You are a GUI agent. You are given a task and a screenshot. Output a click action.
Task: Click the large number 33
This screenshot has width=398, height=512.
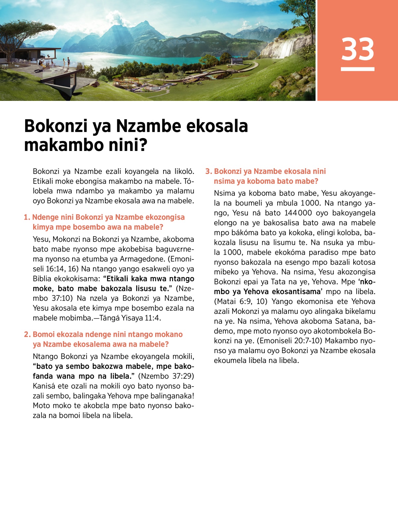click(x=358, y=49)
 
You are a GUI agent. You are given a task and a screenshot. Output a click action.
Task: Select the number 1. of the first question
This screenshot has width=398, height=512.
click(x=27, y=217)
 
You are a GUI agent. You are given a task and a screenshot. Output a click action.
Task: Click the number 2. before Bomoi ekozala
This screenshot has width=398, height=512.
click(x=27, y=334)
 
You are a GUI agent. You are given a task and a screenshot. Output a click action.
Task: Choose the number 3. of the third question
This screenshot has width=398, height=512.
click(x=209, y=172)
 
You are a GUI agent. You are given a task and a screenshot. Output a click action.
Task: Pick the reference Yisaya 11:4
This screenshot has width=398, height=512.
click(x=145, y=318)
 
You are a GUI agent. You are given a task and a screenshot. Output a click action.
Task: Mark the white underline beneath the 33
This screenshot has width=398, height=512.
click(x=358, y=69)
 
